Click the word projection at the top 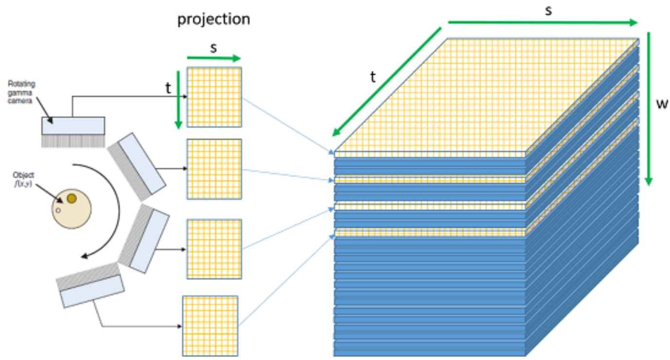(x=214, y=19)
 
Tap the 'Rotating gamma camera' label (x=21, y=92)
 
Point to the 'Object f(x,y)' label (x=23, y=179)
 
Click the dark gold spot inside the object (x=71, y=198)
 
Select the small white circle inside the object (x=58, y=211)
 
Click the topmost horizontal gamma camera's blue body (x=73, y=126)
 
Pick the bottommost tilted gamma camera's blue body (x=92, y=291)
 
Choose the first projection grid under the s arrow (x=214, y=97)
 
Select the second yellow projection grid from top (x=214, y=169)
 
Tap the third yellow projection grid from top (x=214, y=249)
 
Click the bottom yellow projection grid (x=210, y=326)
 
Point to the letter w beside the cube (x=662, y=104)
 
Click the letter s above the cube (x=548, y=11)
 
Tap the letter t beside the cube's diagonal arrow (x=373, y=77)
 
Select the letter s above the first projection (x=213, y=48)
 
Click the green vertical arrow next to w (x=649, y=109)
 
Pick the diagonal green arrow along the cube (x=387, y=82)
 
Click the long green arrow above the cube (x=543, y=22)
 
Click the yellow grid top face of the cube (x=487, y=98)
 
